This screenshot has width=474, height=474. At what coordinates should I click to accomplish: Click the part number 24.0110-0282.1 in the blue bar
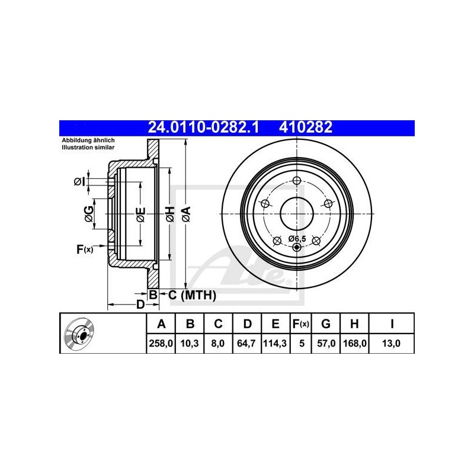point(203,127)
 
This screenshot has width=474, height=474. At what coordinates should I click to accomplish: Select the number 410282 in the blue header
point(306,127)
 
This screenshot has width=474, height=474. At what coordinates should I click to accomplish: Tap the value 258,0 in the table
point(161,344)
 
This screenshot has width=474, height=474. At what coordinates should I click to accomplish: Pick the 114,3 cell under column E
point(275,344)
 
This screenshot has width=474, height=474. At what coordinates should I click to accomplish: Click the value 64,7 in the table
point(246,344)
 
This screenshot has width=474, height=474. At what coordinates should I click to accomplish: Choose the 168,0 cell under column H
point(355,344)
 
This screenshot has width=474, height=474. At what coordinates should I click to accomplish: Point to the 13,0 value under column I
point(392,344)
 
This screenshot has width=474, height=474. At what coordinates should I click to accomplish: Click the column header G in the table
point(325,324)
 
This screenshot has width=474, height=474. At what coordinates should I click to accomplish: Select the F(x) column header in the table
point(301,324)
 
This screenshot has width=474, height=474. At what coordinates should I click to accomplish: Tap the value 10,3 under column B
point(190,344)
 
